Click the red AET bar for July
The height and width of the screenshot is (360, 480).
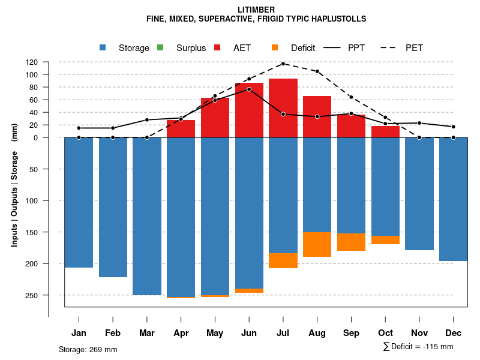point(283,108)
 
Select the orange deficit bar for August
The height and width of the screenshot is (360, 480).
point(317,244)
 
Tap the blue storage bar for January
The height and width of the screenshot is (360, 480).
point(79,202)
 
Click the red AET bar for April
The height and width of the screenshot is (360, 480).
point(181,128)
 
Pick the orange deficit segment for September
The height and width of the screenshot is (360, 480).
point(352,242)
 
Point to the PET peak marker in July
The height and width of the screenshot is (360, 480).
point(283,64)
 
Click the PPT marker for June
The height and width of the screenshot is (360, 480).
point(249,89)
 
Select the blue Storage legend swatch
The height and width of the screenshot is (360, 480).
point(103,48)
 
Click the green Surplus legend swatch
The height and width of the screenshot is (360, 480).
point(160,48)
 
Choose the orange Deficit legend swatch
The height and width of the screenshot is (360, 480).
point(275,48)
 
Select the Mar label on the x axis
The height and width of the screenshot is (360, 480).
point(147,333)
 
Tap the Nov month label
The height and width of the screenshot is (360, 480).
point(419,333)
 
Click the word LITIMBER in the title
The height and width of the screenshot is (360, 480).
point(256,10)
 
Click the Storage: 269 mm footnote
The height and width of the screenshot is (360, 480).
point(88,350)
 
